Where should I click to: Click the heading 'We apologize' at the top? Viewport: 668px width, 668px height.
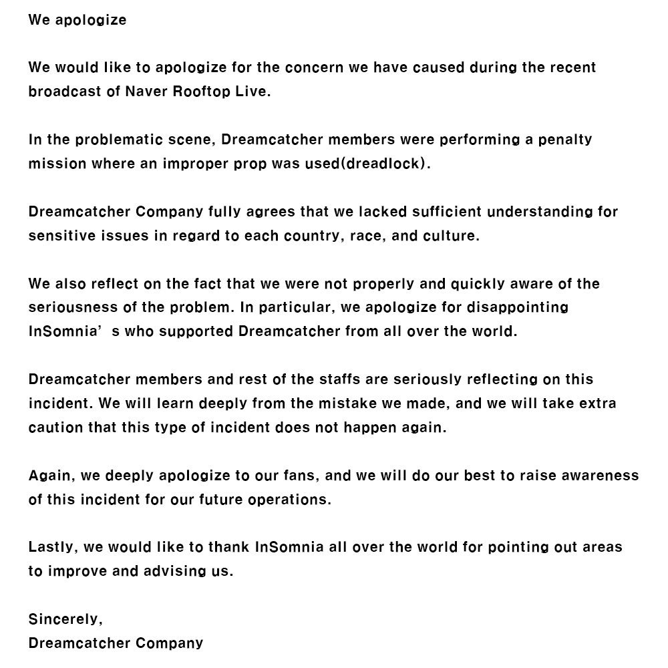pyautogui.click(x=77, y=19)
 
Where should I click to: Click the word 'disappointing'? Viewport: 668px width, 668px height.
pyautogui.click(x=519, y=308)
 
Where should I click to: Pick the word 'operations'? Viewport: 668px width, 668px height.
pyautogui.click(x=294, y=500)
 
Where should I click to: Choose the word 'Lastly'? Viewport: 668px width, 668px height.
pyautogui.click(x=53, y=547)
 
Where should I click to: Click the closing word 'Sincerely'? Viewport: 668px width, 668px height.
pyautogui.click(x=64, y=619)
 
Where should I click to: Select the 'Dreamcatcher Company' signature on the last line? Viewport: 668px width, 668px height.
pyautogui.click(x=116, y=643)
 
